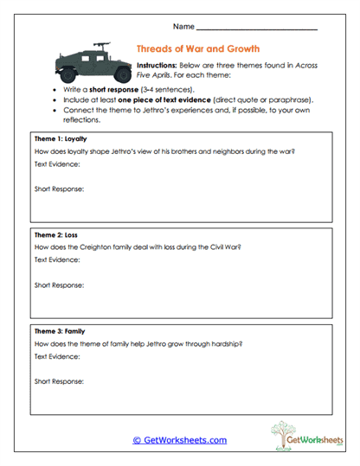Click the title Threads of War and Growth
pos(198,48)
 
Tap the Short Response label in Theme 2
pos(59,284)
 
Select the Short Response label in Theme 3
pos(59,380)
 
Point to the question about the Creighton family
pos(138,246)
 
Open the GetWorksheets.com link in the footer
pos(180,440)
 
